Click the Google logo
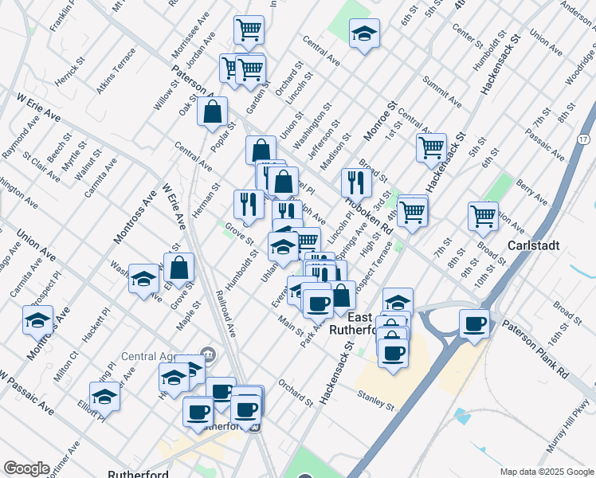pos(26,468)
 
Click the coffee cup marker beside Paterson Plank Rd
pos(474,323)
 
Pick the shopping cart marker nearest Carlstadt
pos(483,214)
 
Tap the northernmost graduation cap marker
pos(364,33)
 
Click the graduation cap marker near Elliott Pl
pos(104,394)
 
